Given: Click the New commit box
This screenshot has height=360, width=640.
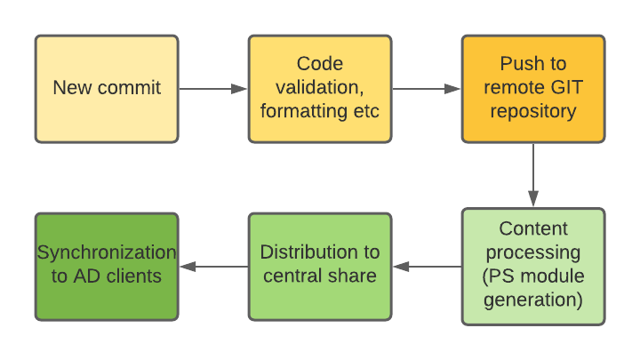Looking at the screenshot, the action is [107, 89].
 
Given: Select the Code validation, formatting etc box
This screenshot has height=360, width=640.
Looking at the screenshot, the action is [320, 89].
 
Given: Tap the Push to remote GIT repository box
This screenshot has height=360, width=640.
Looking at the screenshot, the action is [533, 89].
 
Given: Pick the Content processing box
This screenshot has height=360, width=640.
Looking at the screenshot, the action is [533, 267].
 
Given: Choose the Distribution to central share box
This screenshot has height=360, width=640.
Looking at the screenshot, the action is [320, 267].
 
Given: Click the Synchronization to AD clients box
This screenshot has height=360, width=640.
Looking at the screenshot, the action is [107, 267].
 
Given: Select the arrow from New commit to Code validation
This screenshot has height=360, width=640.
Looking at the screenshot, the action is [213, 89].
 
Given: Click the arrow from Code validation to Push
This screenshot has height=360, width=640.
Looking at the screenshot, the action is [427, 89].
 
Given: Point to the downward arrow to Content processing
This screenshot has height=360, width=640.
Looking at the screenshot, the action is [533, 175].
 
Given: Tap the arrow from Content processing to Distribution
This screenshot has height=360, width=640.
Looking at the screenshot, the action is [427, 267].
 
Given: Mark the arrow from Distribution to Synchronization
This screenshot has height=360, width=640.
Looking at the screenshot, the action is [213, 267].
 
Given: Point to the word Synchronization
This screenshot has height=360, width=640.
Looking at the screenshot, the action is [107, 252].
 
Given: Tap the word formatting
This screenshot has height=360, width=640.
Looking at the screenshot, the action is [304, 111].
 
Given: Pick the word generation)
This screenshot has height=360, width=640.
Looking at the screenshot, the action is [533, 300].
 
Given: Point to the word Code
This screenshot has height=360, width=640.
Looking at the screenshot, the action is [320, 64].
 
